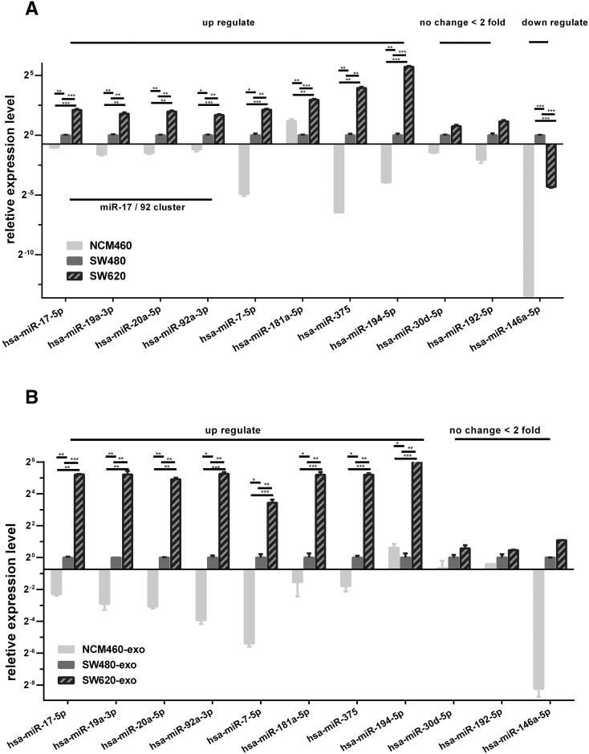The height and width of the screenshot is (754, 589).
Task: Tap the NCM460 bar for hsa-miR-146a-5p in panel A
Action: [x=529, y=221]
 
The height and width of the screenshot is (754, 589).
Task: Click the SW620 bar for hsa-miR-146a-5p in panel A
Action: [x=551, y=165]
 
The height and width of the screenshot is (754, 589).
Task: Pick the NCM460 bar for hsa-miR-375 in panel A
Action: [x=339, y=178]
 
